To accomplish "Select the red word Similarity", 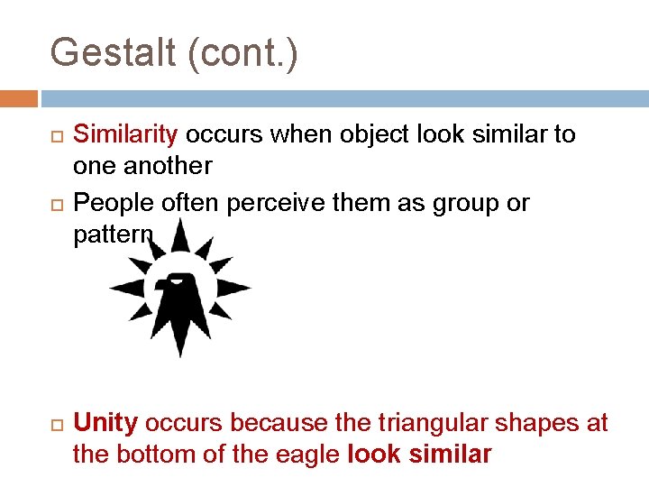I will [x=126, y=135].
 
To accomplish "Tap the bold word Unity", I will [x=105, y=423].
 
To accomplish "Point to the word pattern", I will [x=113, y=235].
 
